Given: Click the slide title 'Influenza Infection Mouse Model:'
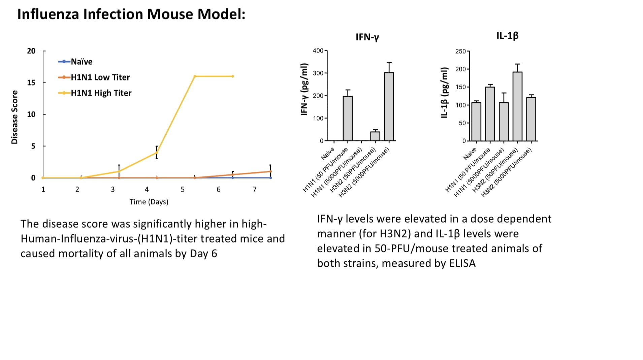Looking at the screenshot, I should coord(131,14).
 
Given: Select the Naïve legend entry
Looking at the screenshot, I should coord(81,62).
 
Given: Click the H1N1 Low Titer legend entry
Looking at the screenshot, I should coord(100,77).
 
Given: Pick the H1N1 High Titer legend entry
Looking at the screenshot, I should coord(101,93).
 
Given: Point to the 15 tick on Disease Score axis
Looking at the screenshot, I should coord(31,83).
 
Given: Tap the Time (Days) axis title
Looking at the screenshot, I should coord(149,202).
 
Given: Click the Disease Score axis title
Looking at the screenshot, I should coord(14,117).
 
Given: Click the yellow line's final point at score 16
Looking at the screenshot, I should coord(232,76).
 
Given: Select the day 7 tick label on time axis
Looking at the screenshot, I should coord(255,190).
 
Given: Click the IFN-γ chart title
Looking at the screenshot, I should coord(367,37).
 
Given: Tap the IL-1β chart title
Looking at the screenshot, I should coord(507,36).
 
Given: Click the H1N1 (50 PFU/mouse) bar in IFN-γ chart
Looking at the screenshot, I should coord(348,118).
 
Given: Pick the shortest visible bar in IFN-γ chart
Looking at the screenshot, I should coord(375,136).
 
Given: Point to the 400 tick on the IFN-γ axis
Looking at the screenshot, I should coord(318,51).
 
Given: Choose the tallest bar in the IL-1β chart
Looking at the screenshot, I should coord(517,106).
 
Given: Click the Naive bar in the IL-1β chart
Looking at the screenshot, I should coord(476,122).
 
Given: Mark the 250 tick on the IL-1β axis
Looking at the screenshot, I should coord(460,51).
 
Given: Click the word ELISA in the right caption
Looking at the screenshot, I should coord(462,263).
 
